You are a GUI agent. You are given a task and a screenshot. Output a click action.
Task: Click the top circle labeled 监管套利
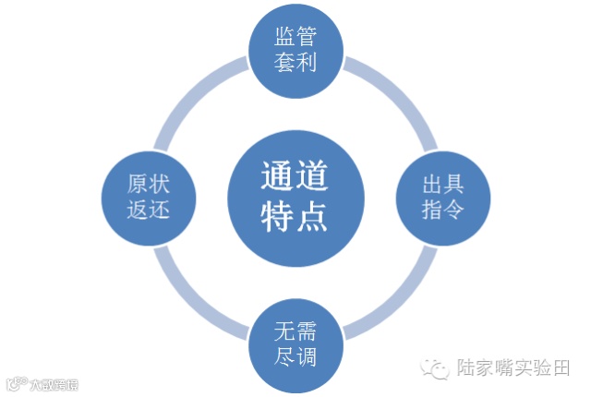295,50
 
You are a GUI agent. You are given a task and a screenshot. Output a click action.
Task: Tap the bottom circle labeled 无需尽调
295,343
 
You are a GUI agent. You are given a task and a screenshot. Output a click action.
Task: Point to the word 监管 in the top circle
295,37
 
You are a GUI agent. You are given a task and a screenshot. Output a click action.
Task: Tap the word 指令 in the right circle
442,209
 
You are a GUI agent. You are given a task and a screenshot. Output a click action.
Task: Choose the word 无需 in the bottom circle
295,330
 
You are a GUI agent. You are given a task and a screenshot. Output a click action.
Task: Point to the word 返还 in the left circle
149,209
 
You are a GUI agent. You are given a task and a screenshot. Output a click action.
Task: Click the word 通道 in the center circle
295,175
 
